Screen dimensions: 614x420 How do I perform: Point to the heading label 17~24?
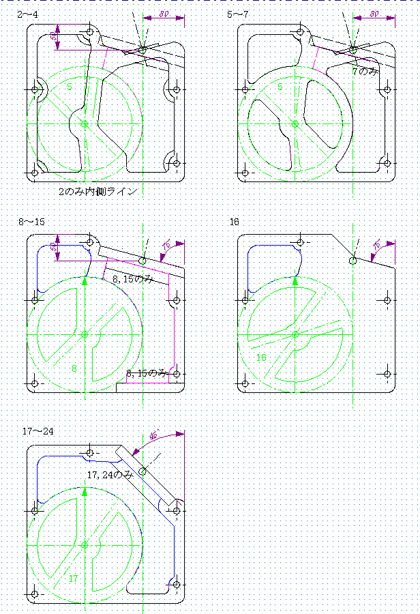[x=37, y=431]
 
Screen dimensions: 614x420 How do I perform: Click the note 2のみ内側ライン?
[x=98, y=192]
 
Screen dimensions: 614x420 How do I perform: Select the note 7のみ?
[x=363, y=70]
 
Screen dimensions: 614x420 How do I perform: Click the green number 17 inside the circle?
[x=74, y=578]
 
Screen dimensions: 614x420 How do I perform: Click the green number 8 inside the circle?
[x=74, y=368]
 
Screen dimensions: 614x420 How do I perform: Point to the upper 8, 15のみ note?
[x=133, y=279]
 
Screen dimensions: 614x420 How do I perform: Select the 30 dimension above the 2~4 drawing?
[x=164, y=14]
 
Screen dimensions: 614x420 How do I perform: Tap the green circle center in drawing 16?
[x=295, y=334]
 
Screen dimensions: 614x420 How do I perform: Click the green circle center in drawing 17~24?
[x=85, y=545]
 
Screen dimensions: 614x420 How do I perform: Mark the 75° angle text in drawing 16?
[x=376, y=246]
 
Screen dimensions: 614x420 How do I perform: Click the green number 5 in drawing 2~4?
[x=69, y=87]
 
